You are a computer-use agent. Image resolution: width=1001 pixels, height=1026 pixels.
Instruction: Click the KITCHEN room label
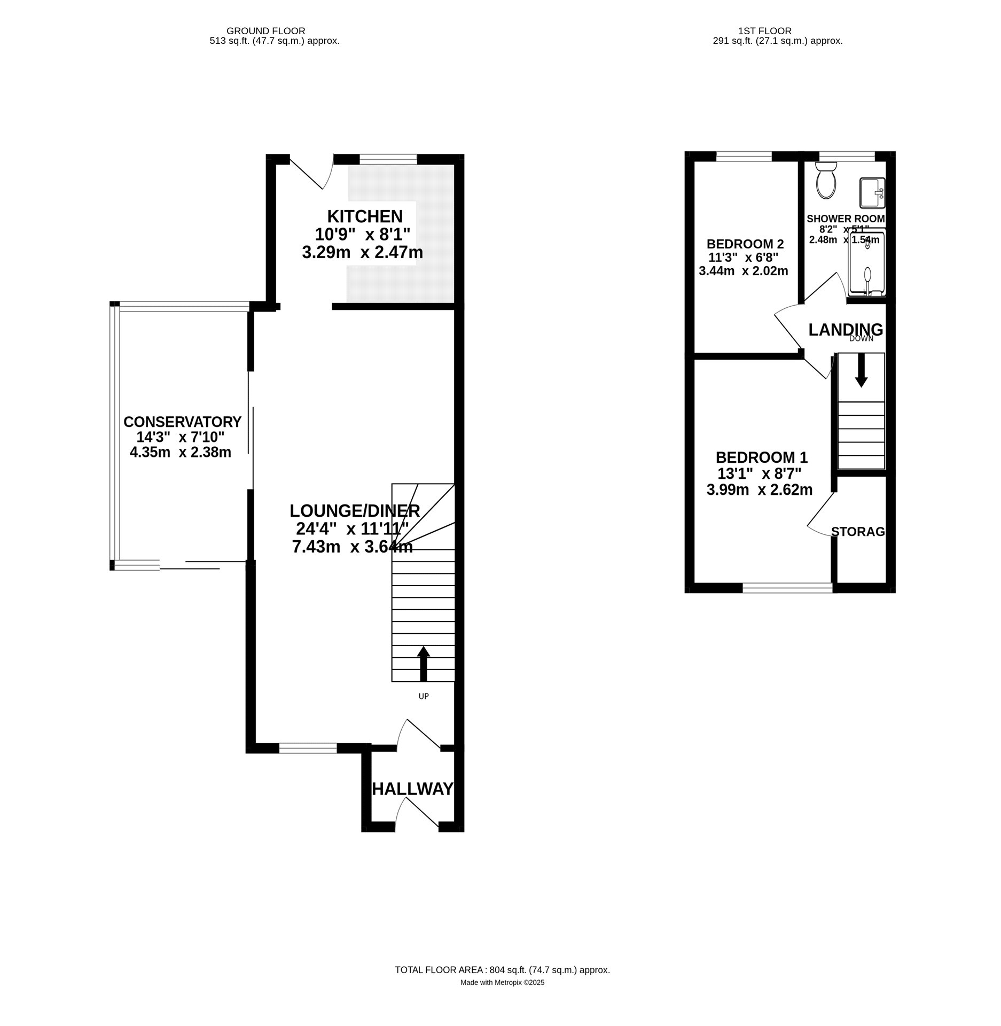click(365, 216)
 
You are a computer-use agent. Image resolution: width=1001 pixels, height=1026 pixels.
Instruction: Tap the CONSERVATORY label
click(183, 422)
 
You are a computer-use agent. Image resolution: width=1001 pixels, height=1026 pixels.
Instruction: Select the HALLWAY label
click(412, 789)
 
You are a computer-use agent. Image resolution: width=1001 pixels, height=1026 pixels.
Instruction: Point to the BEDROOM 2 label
click(745, 244)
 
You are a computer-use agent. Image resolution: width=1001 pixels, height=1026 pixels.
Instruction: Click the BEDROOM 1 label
click(762, 457)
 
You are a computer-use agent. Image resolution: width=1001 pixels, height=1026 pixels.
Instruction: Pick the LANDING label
click(846, 330)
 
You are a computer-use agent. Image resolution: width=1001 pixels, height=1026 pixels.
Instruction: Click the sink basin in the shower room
click(872, 193)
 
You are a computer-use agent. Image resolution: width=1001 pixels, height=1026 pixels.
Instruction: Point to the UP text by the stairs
click(424, 696)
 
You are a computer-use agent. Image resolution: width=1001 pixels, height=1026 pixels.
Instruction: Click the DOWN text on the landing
click(861, 338)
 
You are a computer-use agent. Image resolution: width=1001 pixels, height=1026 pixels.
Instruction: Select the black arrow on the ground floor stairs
click(424, 663)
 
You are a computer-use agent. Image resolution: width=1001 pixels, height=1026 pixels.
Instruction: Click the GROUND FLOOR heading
click(266, 31)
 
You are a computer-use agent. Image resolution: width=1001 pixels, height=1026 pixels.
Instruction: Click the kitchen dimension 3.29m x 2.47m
click(363, 252)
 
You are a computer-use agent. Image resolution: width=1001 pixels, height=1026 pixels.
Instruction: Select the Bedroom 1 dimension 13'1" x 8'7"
click(759, 473)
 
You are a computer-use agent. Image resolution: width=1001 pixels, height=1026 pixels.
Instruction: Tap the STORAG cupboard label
click(858, 531)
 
